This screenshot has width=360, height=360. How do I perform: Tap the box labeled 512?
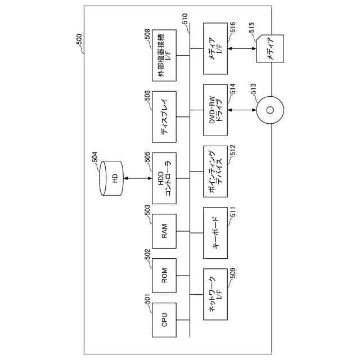[215, 172]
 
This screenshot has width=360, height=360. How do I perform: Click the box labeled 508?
[164, 59]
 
